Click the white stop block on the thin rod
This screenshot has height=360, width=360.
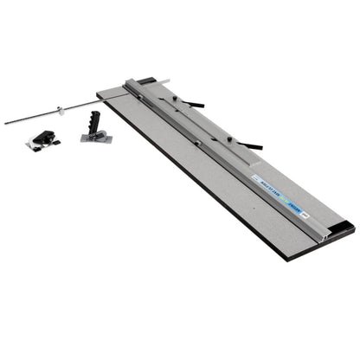[60, 110]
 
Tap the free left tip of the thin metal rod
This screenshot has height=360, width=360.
[7, 122]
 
